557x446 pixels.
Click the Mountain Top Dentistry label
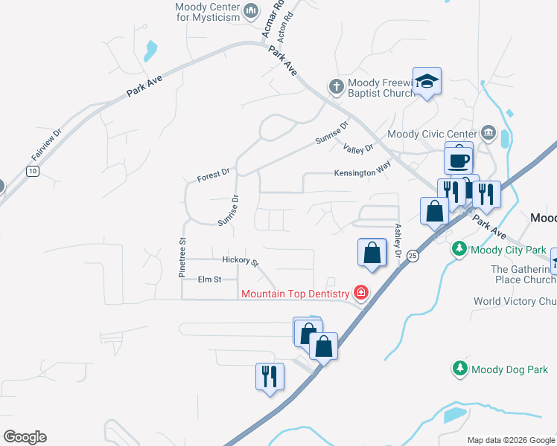point(296,294)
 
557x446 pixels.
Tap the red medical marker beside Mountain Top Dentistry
point(361,294)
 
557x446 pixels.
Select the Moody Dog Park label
point(509,369)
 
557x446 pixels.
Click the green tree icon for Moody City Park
point(460,248)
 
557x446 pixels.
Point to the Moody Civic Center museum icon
point(488,133)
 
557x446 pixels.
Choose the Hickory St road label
point(240,261)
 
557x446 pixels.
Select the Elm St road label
point(210,279)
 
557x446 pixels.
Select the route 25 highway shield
point(413,256)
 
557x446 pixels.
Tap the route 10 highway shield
point(31,171)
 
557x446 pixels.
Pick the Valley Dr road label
point(358,149)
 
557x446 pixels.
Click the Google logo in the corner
point(25,437)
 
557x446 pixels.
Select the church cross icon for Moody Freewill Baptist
point(336,87)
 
